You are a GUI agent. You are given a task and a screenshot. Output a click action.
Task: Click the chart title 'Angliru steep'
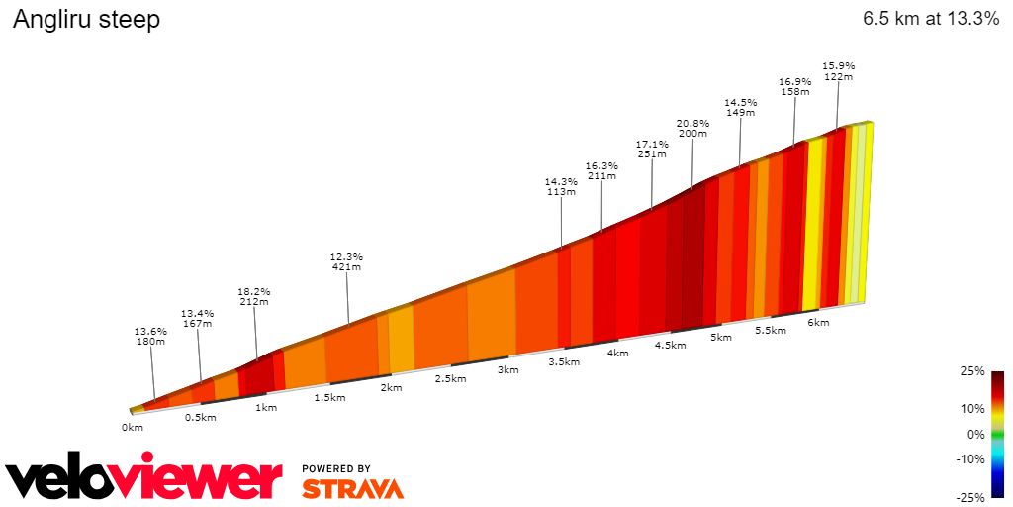pos(86,20)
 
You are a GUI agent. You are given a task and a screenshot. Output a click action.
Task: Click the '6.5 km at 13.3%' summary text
pos(930,19)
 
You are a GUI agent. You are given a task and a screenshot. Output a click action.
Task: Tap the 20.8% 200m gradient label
pos(692,129)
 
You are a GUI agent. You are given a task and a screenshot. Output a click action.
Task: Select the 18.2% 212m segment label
pos(254,297)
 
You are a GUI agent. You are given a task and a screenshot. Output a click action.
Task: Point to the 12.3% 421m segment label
pos(346,261)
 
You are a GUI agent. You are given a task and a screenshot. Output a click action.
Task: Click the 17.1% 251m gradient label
pos(652,149)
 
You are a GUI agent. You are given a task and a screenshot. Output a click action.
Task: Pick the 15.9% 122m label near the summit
pos(839,71)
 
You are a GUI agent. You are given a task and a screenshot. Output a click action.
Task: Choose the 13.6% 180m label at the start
pos(150,336)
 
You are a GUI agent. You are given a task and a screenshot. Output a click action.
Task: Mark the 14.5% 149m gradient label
pos(741,107)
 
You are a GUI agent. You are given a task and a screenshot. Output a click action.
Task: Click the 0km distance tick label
pos(133,427)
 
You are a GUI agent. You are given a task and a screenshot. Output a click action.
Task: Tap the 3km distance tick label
pos(507,370)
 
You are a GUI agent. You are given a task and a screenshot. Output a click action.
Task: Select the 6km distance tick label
pos(818,323)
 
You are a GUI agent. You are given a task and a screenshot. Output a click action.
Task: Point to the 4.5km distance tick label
pos(670,346)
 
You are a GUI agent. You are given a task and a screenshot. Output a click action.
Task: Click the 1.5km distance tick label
pos(329,398)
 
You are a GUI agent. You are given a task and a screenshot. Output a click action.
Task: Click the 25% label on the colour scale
pos(973,371)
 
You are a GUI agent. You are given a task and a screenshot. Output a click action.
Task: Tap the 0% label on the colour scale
pos(976,434)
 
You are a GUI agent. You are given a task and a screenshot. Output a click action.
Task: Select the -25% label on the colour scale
pos(971,497)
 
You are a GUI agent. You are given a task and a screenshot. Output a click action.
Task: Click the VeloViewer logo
pos(144,479)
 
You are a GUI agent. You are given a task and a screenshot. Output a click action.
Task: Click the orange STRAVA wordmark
pos(352,489)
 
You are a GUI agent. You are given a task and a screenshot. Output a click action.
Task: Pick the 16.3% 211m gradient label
pos(601,170)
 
